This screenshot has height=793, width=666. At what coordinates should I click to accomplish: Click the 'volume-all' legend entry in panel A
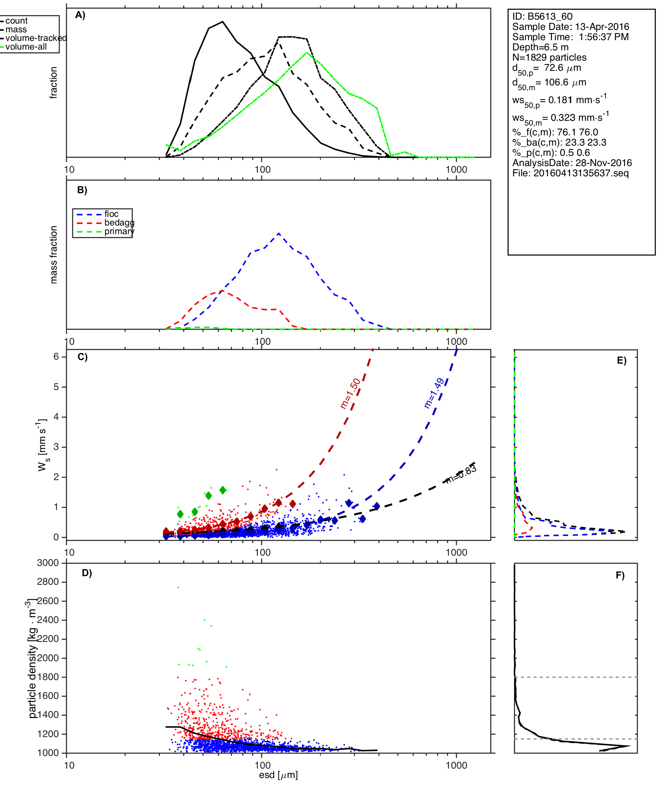(x=26, y=47)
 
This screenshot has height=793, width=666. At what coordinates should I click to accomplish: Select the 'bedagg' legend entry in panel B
(x=119, y=223)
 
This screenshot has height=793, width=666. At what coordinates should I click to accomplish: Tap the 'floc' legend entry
(x=111, y=214)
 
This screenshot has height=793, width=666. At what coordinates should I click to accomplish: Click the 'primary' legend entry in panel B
(x=119, y=231)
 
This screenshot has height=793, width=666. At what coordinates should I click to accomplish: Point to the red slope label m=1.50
(x=350, y=393)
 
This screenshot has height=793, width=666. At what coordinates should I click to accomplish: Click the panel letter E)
(x=622, y=360)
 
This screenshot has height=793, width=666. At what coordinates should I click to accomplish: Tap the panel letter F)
(x=620, y=575)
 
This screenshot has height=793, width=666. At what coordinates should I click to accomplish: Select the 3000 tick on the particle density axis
(x=48, y=563)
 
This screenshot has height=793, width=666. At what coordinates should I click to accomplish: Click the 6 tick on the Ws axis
(x=56, y=357)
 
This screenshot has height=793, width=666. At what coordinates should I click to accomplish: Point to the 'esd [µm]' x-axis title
(x=278, y=775)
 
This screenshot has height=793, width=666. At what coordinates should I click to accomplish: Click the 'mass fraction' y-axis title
(x=54, y=255)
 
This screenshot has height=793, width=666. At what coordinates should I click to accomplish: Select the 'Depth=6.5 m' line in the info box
(x=540, y=47)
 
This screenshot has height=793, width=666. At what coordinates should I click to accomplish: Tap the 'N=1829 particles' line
(x=549, y=57)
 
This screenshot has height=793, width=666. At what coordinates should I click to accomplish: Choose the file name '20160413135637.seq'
(x=581, y=173)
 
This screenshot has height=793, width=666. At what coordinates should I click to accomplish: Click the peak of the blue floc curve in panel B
(x=279, y=233)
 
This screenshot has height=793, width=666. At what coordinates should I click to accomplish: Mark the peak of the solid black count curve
(x=223, y=22)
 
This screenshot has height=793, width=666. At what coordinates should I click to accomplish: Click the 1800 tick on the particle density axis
(x=48, y=677)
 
